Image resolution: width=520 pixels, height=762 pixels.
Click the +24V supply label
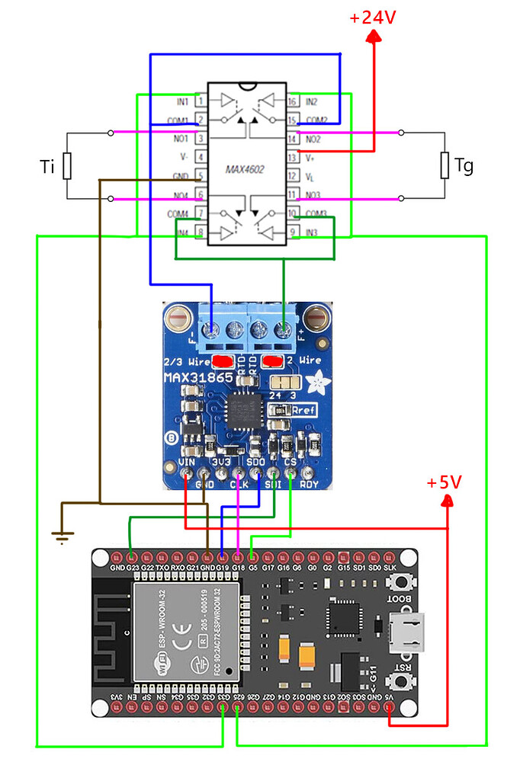tap(373, 18)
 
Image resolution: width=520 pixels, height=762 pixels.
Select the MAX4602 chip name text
tap(244, 168)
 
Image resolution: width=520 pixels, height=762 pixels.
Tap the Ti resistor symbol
tap(67, 165)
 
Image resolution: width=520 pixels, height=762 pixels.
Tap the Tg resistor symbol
tap(445, 165)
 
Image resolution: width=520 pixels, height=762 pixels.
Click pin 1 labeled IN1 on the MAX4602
tap(201, 101)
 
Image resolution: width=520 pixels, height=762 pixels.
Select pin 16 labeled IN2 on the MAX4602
tap(292, 101)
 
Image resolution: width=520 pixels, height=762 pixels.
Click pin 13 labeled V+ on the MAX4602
tap(292, 157)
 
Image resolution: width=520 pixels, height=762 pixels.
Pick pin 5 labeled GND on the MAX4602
tap(201, 176)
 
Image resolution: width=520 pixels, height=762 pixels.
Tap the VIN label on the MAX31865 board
tap(188, 463)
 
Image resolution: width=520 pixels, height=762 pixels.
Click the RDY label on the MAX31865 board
tap(310, 483)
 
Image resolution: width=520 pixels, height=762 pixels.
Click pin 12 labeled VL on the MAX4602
tap(292, 176)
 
